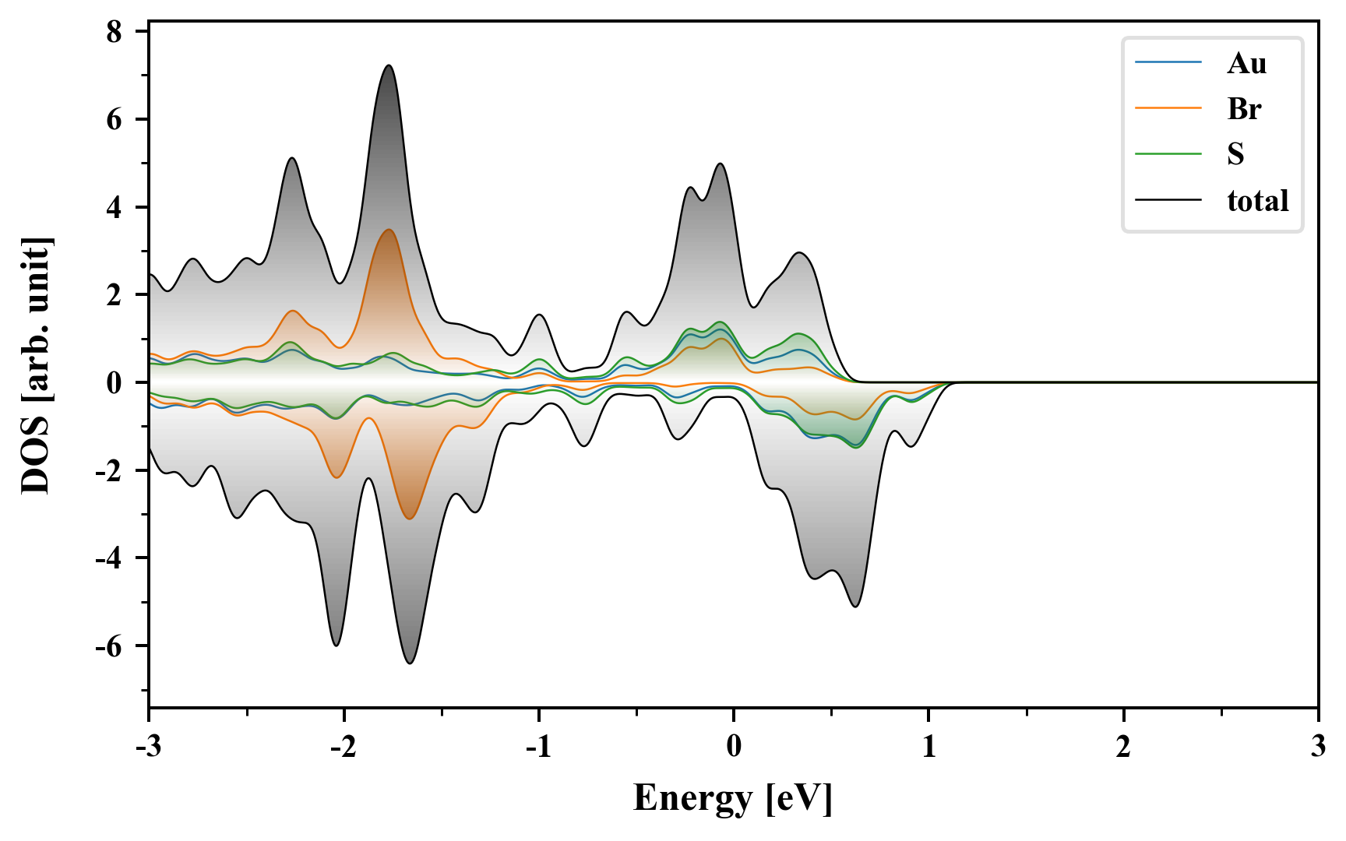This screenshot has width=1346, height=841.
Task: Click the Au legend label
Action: pyautogui.click(x=1246, y=63)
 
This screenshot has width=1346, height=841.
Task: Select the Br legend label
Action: pyautogui.click(x=1244, y=109)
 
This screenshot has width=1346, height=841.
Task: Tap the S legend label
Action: pyautogui.click(x=1235, y=154)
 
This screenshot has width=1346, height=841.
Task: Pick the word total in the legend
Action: pyautogui.click(x=1257, y=201)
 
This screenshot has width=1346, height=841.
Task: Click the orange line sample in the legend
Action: pyautogui.click(x=1168, y=108)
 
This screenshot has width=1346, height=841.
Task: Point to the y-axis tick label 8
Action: pyautogui.click(x=115, y=32)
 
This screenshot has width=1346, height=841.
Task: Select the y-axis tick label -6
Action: pyautogui.click(x=109, y=646)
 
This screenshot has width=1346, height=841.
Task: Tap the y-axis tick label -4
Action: pyautogui.click(x=109, y=558)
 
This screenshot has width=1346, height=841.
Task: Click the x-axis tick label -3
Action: pyautogui.click(x=148, y=747)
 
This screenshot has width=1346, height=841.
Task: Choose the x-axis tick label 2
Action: pyautogui.click(x=1123, y=747)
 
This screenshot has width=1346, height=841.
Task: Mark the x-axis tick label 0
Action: pyautogui.click(x=734, y=747)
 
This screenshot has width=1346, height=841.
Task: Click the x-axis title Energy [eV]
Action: pyautogui.click(x=733, y=798)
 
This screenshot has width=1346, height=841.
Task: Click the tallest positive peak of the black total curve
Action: pyautogui.click(x=388, y=65)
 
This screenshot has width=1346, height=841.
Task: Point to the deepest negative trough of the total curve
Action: pyautogui.click(x=410, y=663)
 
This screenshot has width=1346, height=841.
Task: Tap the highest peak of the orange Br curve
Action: pyautogui.click(x=388, y=230)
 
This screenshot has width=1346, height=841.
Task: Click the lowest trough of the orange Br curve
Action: pyautogui.click(x=410, y=519)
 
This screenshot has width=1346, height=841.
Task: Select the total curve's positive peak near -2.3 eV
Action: pyautogui.click(x=291, y=158)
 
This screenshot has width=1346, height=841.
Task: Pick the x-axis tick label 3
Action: pyautogui.click(x=1318, y=747)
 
